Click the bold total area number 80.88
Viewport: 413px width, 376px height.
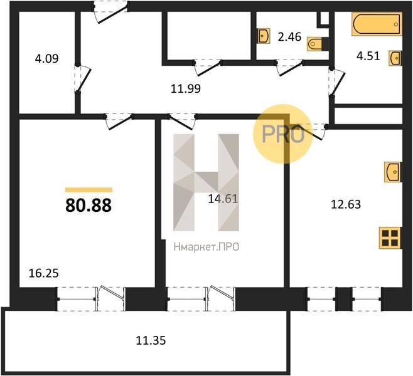tap(88, 206)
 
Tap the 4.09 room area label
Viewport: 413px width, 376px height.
tap(46, 58)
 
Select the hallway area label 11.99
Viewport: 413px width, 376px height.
tap(186, 88)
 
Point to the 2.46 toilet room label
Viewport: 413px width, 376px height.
tap(289, 36)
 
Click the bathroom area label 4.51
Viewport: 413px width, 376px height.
tap(368, 56)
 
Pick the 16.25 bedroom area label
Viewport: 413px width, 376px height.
tap(43, 273)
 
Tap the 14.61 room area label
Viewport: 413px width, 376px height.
tap(223, 199)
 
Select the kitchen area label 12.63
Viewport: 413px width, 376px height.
tap(346, 204)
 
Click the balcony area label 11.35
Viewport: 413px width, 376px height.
tap(151, 340)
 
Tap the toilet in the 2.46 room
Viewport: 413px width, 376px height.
tap(315, 43)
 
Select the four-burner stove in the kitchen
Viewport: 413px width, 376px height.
tap(390, 238)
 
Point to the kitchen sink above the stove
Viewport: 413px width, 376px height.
tap(393, 172)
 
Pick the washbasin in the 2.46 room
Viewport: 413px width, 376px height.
tap(264, 36)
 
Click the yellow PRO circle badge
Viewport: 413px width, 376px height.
tap(282, 134)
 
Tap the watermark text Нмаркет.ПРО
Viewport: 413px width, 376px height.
tap(206, 247)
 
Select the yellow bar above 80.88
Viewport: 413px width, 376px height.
tap(88, 190)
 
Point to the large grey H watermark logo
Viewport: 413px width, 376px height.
tap(206, 182)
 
